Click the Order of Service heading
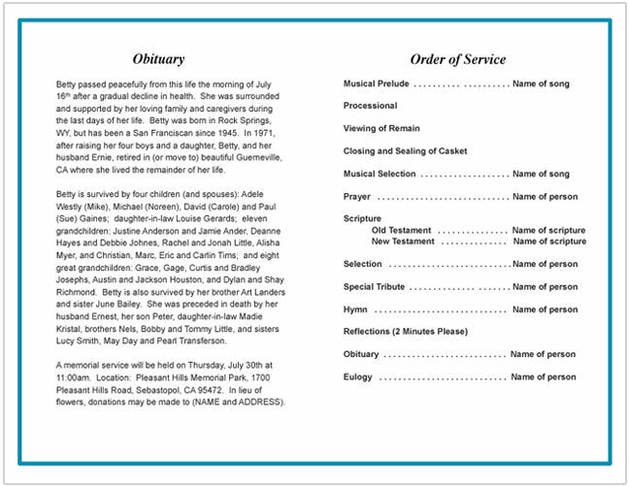click(457, 59)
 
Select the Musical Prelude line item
click(377, 84)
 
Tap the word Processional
click(370, 106)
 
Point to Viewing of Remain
click(381, 128)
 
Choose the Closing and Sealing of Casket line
click(405, 151)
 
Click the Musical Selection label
click(380, 174)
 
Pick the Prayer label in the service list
click(356, 196)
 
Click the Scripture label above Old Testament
click(362, 218)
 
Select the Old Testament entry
click(403, 230)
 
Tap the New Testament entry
click(405, 241)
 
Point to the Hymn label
click(355, 309)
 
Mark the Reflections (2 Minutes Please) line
click(406, 332)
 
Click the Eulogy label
click(359, 376)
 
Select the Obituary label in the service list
click(361, 354)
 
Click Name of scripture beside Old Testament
click(548, 230)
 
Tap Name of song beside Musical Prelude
click(542, 84)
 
